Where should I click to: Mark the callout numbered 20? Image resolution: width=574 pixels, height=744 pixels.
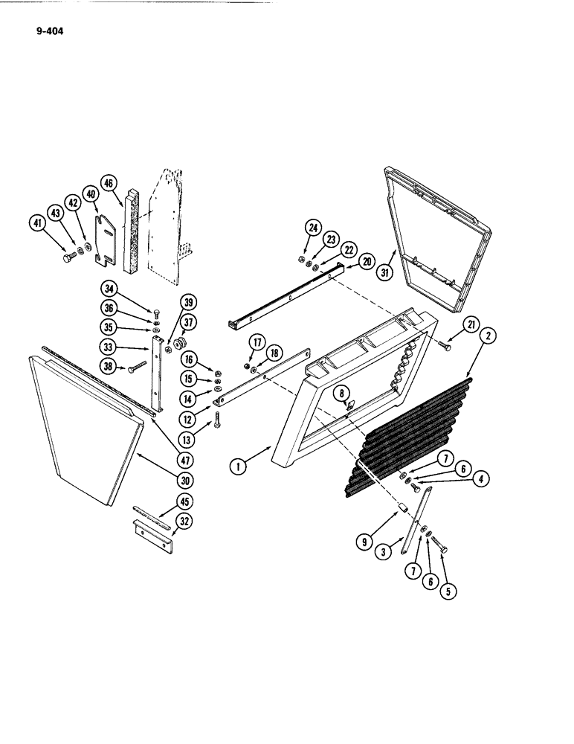(x=367, y=260)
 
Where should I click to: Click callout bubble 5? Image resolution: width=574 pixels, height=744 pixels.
(x=448, y=592)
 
